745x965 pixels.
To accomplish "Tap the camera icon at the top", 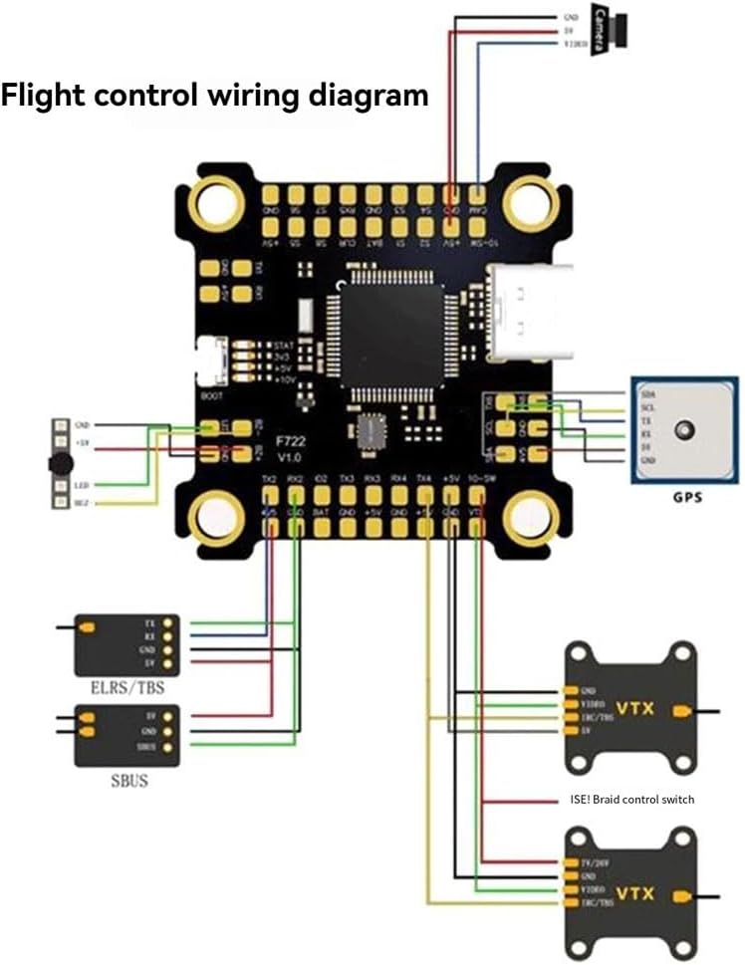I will [x=610, y=31].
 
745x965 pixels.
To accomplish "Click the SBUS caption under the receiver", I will [x=128, y=781].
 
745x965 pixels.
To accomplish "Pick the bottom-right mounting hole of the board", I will [x=527, y=517].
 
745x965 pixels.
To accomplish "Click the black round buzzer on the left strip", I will [x=61, y=463].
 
